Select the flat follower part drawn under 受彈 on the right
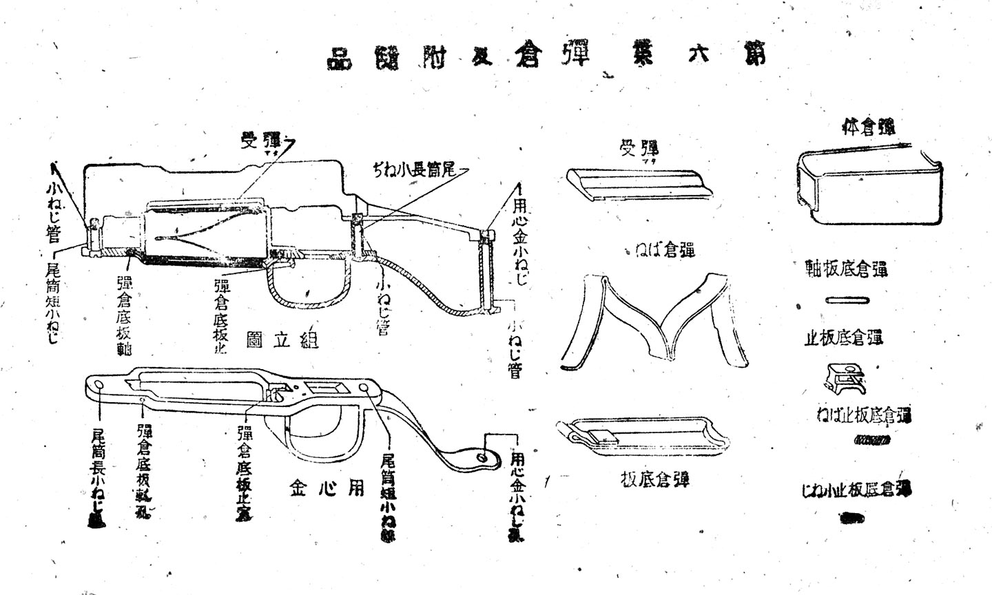click(637, 185)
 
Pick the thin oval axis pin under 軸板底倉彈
click(847, 300)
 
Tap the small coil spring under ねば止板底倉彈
click(872, 440)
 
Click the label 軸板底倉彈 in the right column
click(847, 269)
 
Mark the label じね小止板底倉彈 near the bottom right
click(857, 490)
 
